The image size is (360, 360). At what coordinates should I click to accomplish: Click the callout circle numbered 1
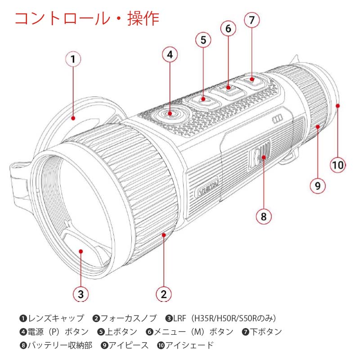[x=74, y=59]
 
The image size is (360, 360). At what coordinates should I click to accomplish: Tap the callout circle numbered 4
[x=170, y=55]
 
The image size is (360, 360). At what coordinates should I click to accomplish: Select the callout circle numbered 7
[x=252, y=20]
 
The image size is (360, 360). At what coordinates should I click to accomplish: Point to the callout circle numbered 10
[x=337, y=164]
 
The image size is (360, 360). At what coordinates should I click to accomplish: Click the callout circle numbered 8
[x=264, y=216]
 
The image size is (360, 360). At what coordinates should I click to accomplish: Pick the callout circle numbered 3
[x=81, y=294]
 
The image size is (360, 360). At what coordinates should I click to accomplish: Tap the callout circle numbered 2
[x=163, y=294]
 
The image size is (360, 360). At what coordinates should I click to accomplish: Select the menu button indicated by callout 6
[x=229, y=89]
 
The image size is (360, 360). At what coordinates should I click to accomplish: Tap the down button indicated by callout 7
[x=253, y=81]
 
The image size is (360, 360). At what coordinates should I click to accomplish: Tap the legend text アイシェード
[x=189, y=346]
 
